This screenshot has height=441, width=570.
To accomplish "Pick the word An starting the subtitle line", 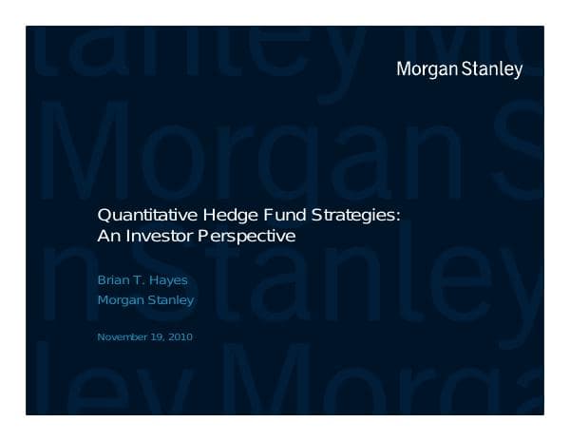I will pyautogui.click(x=108, y=236).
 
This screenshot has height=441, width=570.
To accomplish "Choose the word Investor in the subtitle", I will pyautogui.click(x=160, y=236).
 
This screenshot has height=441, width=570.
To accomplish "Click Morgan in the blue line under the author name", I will pyautogui.click(x=122, y=301).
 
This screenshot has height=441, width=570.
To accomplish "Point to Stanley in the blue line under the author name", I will pyautogui.click(x=172, y=301).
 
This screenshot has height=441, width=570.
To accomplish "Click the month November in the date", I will pyautogui.click(x=123, y=336).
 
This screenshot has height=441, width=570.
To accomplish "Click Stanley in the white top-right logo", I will pyautogui.click(x=494, y=69).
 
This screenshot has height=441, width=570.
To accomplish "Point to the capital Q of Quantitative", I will pyautogui.click(x=104, y=216).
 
